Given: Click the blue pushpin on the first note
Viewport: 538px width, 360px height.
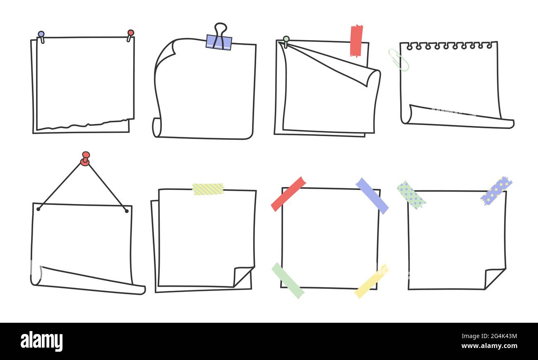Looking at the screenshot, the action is (x=41, y=36).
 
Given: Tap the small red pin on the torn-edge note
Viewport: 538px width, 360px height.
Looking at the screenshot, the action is (x=130, y=35).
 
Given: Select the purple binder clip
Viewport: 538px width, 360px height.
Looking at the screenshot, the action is (x=219, y=43).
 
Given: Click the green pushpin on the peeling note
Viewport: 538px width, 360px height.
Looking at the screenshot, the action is (x=286, y=41).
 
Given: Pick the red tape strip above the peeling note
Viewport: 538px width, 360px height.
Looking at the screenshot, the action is (x=356, y=41).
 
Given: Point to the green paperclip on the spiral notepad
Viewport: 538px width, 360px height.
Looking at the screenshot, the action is (x=399, y=60).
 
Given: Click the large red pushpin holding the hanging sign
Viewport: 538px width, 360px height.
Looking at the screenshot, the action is (x=85, y=158).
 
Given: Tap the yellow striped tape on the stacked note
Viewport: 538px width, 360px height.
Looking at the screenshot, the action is (x=208, y=189).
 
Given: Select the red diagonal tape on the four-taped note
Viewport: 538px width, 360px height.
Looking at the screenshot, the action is (x=288, y=194).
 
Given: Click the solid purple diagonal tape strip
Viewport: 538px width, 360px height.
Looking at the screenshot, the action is (x=372, y=196).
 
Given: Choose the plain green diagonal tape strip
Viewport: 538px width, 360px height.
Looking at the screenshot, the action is (x=288, y=281).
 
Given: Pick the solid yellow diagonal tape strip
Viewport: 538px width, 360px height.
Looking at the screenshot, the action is (x=372, y=281).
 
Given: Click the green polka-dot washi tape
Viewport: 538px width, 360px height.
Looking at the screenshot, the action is (x=411, y=195).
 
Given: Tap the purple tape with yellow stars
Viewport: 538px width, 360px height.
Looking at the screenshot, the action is (x=496, y=191).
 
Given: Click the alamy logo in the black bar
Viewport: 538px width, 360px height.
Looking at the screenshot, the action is (x=41, y=341).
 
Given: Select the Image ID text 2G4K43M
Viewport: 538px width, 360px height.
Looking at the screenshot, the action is (x=489, y=336).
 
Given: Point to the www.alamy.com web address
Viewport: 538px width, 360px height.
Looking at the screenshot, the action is (x=489, y=346).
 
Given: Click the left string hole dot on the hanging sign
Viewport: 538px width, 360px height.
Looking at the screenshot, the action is (x=38, y=209).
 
